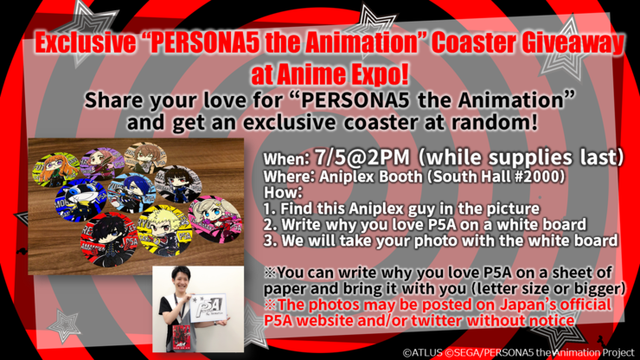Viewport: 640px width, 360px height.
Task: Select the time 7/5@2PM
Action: tap(362, 157)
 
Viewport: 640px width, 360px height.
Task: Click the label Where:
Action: tap(290, 177)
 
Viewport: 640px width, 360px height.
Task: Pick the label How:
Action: tap(283, 192)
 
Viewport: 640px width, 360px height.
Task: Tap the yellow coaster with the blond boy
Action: tap(165, 230)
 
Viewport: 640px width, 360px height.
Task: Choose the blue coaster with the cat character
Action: tap(81, 200)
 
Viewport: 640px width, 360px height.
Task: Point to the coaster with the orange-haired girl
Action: tap(56, 169)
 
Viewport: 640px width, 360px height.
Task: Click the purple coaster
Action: tap(102, 164)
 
